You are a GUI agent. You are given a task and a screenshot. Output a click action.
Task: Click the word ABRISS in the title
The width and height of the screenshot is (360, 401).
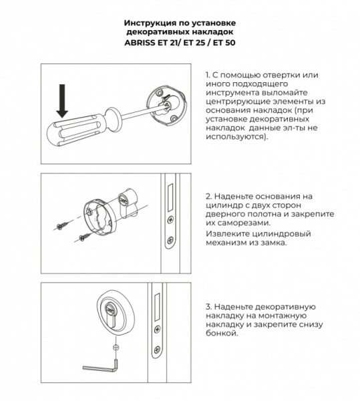pyautogui.click(x=141, y=41)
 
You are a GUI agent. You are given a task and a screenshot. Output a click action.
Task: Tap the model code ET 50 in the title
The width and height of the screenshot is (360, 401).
pyautogui.click(x=222, y=41)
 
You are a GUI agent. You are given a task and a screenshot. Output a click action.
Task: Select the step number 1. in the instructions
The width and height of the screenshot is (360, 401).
pyautogui.click(x=210, y=75)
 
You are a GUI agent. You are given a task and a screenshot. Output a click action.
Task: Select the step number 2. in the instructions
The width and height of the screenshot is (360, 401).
pyautogui.click(x=210, y=198)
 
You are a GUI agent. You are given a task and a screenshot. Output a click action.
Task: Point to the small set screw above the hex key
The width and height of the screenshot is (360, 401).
pyautogui.click(x=116, y=348)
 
